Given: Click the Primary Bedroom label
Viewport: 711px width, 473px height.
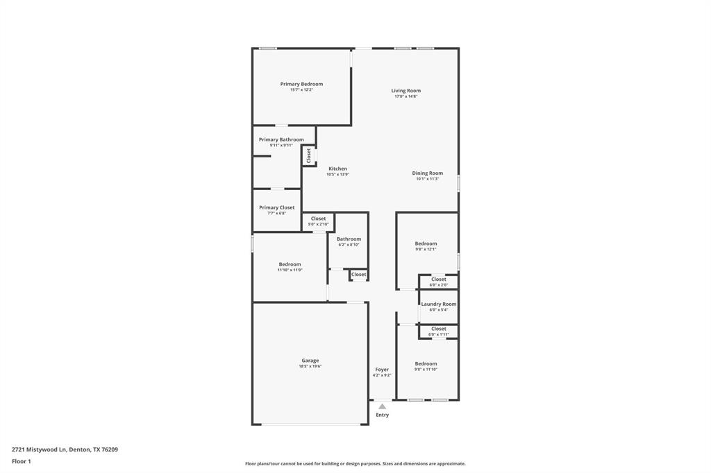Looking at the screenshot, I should coord(301,84).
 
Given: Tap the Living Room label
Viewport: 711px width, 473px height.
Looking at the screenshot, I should coord(405,91).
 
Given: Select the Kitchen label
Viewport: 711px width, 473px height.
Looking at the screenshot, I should coord(337,169).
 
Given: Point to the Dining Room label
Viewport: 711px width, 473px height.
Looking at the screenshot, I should coord(427,173).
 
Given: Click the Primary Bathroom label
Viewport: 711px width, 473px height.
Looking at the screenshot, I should coord(281,139).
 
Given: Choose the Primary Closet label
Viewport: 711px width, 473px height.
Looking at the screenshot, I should coord(276,207).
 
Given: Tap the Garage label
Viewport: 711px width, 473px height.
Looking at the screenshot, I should coord(310,361).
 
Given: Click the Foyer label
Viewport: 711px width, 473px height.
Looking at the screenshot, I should coord(382,370).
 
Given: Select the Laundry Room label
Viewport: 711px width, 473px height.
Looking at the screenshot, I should coord(438,304).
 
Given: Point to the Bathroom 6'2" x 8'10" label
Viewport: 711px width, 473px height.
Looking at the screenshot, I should coord(349,239).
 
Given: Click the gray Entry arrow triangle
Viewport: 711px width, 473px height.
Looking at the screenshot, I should coord(382,406).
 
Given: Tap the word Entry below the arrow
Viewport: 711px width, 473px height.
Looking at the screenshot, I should coord(382,415).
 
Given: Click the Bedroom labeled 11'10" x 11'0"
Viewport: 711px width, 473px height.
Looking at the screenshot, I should coord(290,264).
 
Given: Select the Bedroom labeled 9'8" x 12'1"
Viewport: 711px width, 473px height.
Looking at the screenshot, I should coord(426,243).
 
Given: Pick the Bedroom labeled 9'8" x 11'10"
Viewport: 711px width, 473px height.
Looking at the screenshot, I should coord(426,364).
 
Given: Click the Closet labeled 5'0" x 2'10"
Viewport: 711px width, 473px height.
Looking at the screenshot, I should coord(318,218).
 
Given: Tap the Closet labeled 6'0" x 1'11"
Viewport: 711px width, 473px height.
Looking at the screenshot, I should coord(438,329).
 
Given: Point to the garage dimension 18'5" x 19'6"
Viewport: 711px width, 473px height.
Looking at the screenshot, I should coord(310,366).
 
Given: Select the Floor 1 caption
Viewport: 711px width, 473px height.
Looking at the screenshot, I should coord(22,461).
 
